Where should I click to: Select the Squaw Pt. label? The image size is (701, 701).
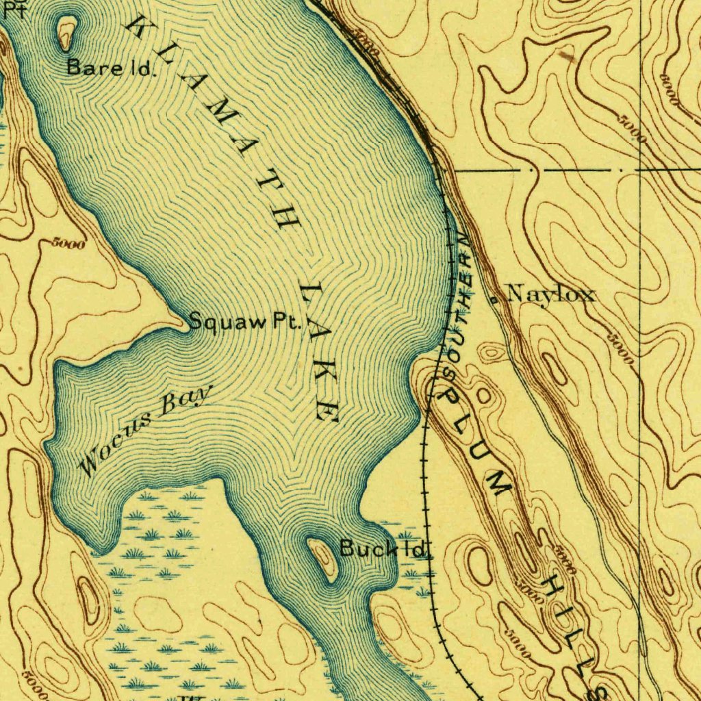[244, 321]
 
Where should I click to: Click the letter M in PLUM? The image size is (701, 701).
[499, 481]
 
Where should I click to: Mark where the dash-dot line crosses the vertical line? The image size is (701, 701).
[639, 168]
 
